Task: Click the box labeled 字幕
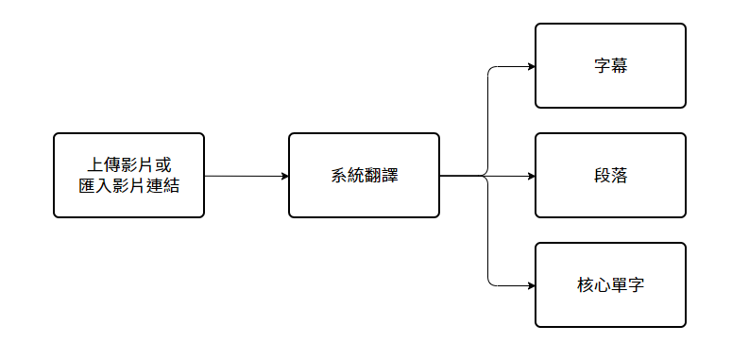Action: [610, 66]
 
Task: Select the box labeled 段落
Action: [610, 176]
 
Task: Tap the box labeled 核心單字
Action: [610, 284]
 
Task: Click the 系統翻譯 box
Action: [364, 176]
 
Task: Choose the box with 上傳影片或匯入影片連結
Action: [128, 176]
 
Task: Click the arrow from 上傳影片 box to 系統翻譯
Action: [246, 176]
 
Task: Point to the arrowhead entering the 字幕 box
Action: [531, 66]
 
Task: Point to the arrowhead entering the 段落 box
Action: [531, 176]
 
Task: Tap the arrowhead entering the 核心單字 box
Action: [531, 284]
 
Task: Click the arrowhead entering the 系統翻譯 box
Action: [284, 176]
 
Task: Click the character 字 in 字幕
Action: [602, 67]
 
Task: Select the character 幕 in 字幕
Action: [619, 67]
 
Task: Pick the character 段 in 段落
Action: [602, 176]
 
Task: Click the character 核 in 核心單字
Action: [585, 285]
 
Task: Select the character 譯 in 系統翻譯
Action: [389, 176]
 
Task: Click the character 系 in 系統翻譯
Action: [339, 176]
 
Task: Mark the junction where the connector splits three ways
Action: [487, 176]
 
